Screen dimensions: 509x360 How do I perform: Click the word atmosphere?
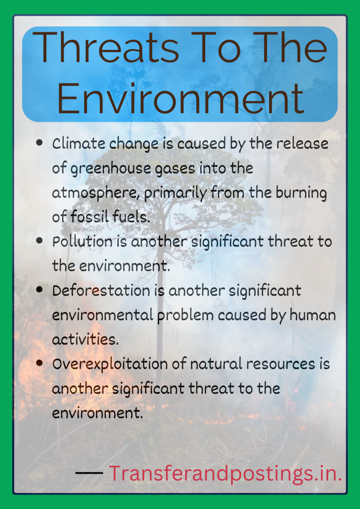coord(95,193)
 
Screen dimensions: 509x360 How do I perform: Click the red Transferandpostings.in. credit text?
coord(225,473)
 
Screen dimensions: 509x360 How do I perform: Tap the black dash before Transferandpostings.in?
coord(90,472)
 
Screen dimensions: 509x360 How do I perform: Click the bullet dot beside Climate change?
coord(39,143)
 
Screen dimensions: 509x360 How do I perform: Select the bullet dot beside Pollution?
coord(39,241)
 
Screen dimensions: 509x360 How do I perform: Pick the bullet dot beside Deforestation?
coord(39,289)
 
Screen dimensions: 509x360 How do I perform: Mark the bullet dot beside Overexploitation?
coord(39,363)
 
